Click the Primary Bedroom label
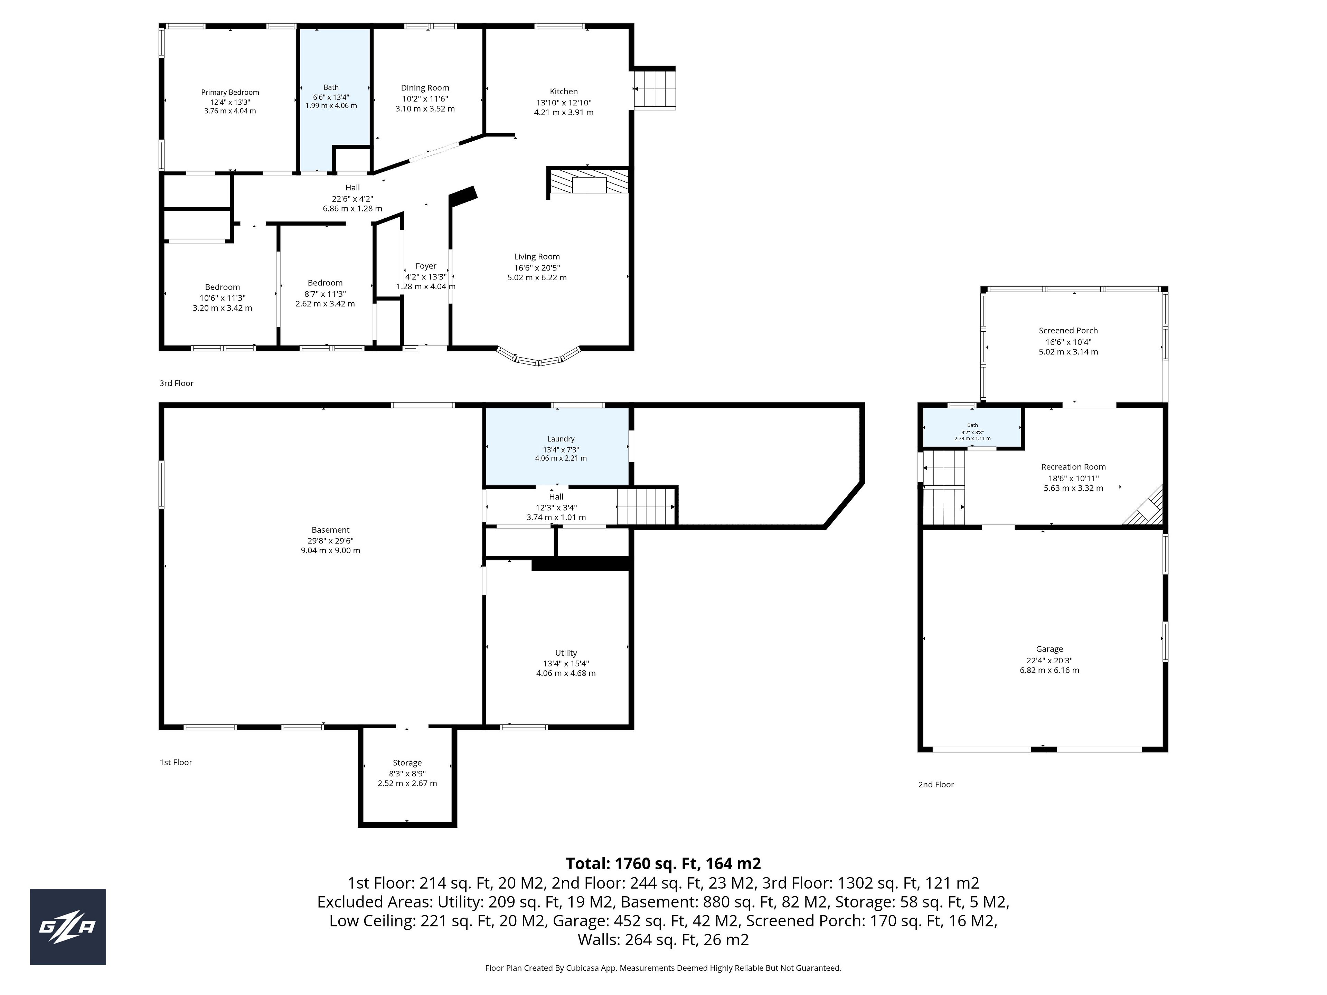(x=230, y=92)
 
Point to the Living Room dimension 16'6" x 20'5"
(x=537, y=267)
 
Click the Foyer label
(x=426, y=266)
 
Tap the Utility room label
(x=566, y=653)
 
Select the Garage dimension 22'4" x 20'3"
(x=1049, y=660)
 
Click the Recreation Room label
(x=1073, y=467)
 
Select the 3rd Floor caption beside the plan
(x=176, y=383)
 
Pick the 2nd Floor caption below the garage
(x=936, y=785)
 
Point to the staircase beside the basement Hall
(x=646, y=507)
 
